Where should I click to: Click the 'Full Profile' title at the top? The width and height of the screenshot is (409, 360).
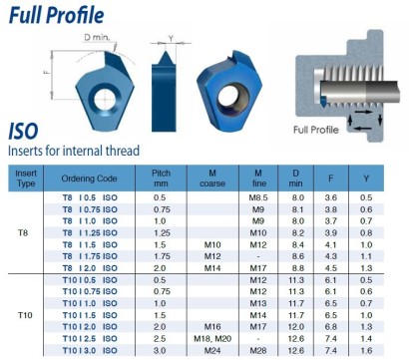tap(57, 15)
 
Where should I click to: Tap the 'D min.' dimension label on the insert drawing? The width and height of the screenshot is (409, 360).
tap(97, 37)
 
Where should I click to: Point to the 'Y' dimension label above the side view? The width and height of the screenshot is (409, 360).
tap(171, 39)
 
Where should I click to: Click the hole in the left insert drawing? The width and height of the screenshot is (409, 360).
tap(105, 99)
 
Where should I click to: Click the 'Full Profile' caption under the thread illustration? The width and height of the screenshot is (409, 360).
tap(316, 130)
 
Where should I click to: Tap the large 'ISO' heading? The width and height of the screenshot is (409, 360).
tap(23, 132)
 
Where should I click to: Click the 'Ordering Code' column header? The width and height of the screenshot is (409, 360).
tap(89, 179)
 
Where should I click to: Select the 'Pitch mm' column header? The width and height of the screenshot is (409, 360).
tap(161, 179)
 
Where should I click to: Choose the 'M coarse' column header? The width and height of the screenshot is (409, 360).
tap(212, 179)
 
